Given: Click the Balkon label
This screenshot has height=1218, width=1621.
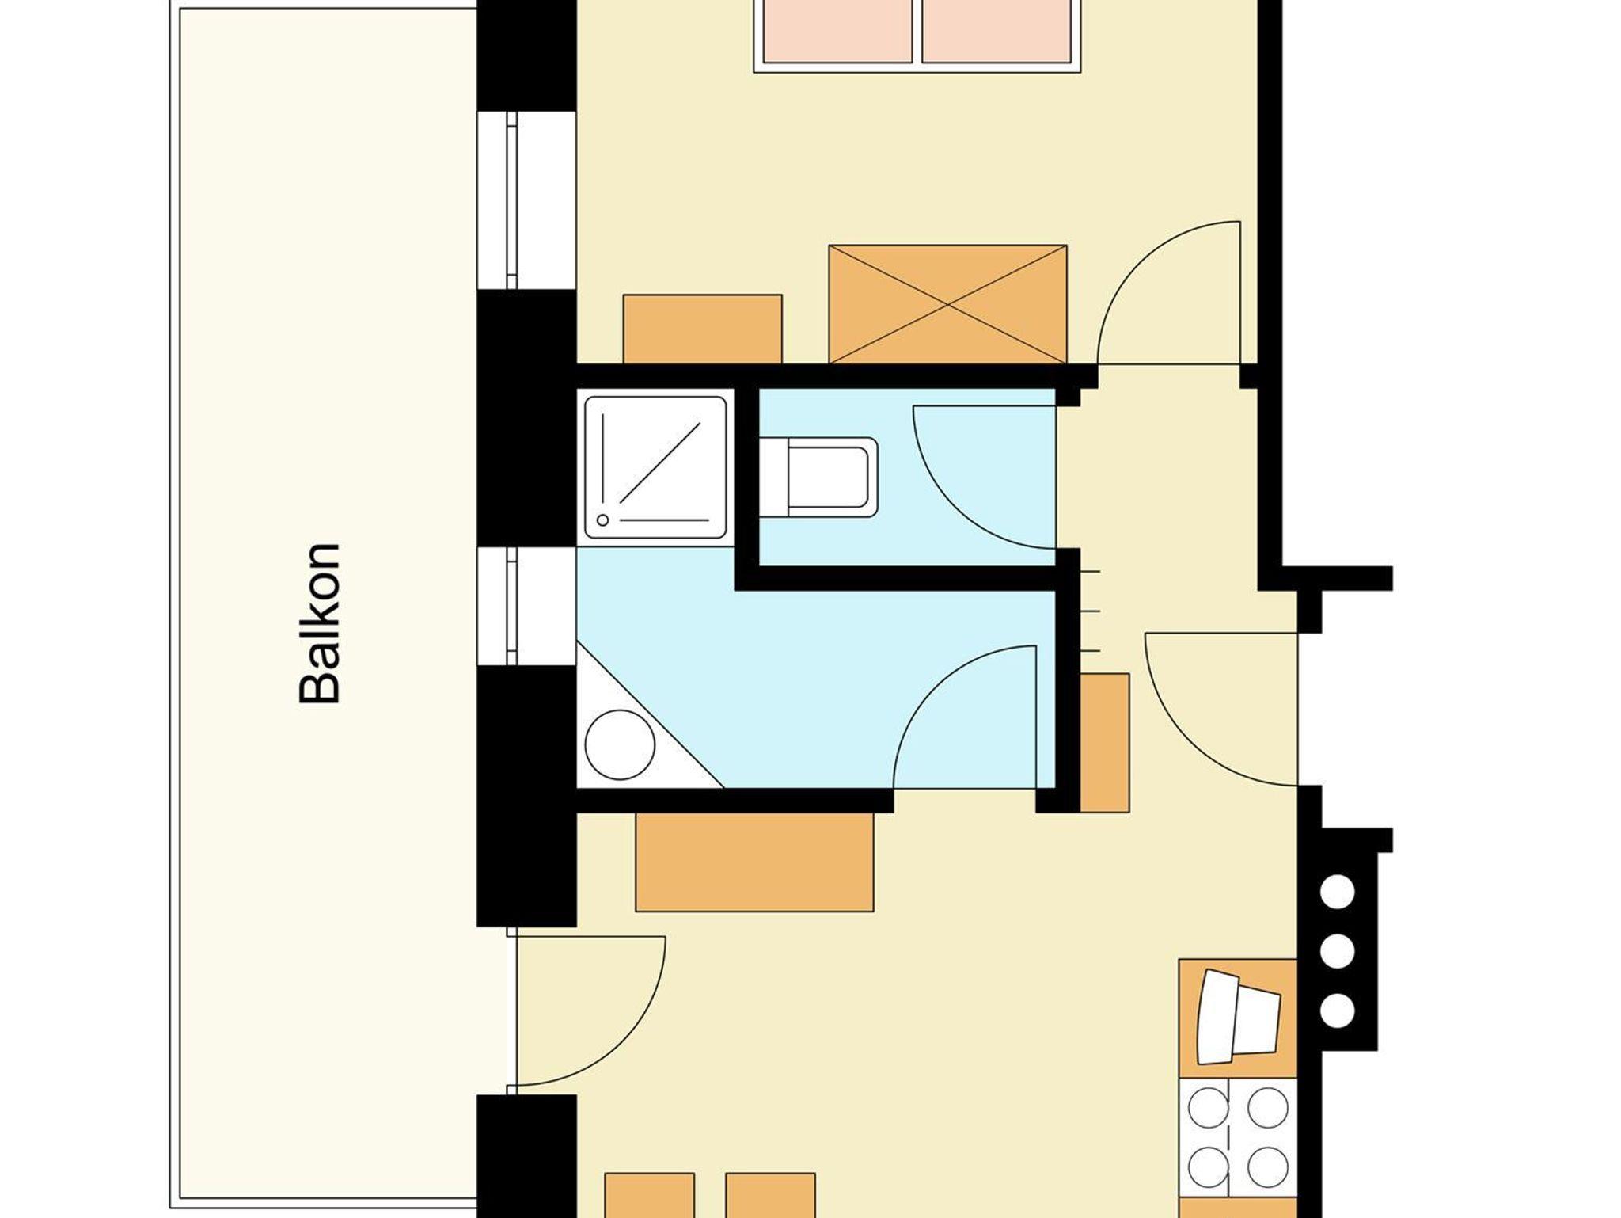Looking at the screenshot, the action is tap(320, 623).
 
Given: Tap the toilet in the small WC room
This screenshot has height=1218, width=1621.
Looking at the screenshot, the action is tap(818, 478).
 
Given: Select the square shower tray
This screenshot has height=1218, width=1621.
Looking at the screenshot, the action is tap(655, 467).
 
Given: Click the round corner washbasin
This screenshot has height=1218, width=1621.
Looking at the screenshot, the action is tap(620, 744).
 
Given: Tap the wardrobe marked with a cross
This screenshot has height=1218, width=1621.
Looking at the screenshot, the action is tap(947, 304).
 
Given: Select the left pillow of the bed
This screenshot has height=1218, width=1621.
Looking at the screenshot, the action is tap(837, 30).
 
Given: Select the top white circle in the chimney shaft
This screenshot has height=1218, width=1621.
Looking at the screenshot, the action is tap(1338, 893).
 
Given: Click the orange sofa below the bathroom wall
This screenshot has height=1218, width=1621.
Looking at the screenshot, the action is tap(754, 862).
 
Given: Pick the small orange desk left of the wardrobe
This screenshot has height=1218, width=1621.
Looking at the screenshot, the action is tap(703, 329).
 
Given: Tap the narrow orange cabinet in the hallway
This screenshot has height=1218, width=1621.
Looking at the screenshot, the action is tap(1105, 743).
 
